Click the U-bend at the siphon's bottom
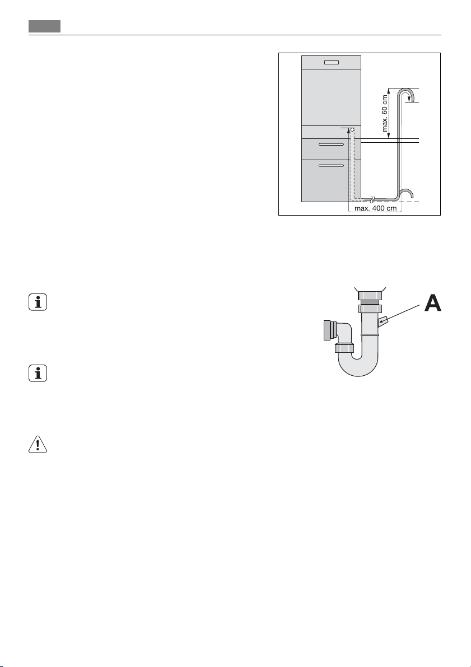(x=358, y=367)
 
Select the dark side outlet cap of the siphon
(x=327, y=330)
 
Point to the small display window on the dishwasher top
(x=330, y=63)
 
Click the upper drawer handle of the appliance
(x=331, y=144)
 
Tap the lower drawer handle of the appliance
(x=331, y=166)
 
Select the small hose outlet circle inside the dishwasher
(x=353, y=129)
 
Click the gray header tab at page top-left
(x=45, y=27)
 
